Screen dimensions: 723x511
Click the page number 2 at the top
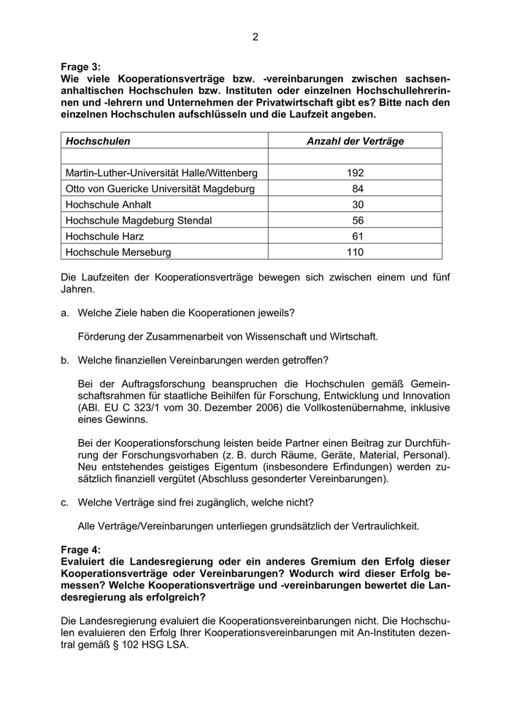coord(255,37)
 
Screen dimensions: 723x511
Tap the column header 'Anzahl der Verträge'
coord(355,141)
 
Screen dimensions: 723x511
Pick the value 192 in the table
coord(355,173)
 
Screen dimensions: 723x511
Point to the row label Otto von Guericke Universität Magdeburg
coord(159,189)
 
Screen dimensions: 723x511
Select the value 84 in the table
coord(358,189)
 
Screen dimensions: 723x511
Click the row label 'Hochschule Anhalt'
coord(108,205)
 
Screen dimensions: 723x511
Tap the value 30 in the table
coord(358,205)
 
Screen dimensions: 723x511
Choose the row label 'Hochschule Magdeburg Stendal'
coord(139,221)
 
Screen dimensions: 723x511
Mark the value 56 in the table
coord(358,221)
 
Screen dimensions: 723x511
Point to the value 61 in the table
coord(358,237)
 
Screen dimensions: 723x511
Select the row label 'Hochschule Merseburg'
coord(118,253)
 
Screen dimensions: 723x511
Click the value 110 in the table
coord(355,253)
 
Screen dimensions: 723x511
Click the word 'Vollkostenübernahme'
coord(342,408)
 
